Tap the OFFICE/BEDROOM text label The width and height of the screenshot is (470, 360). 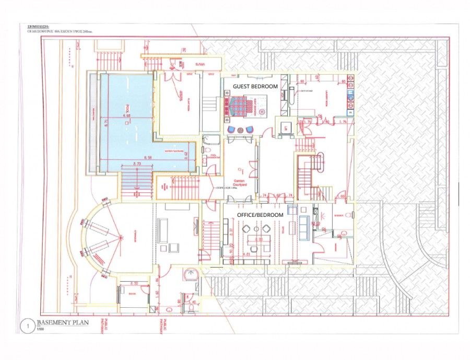point(260,215)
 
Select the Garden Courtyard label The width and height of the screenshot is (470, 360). point(241,181)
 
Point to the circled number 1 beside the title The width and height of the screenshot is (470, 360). point(24,324)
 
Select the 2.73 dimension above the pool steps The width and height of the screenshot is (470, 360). point(138,164)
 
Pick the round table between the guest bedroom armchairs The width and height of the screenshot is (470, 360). point(240,129)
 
